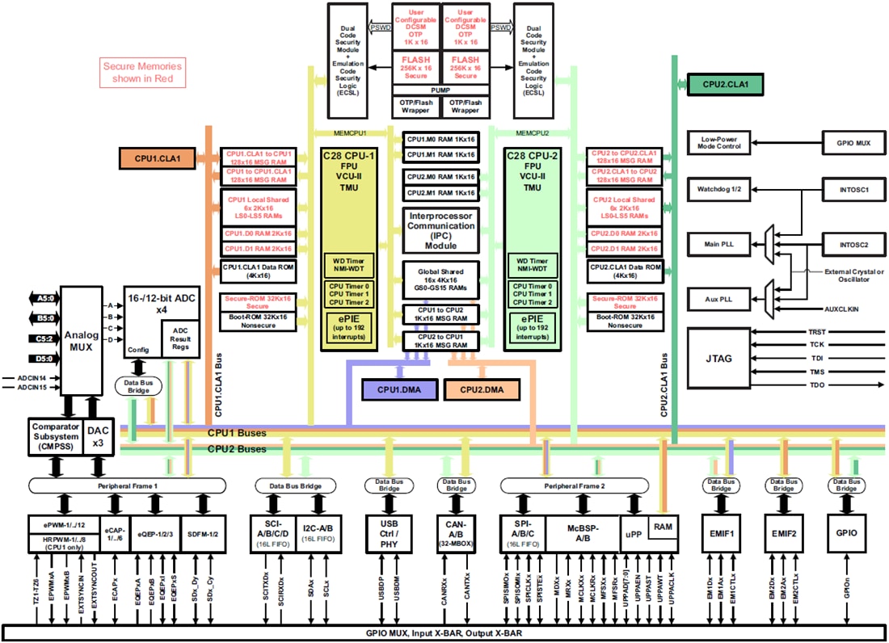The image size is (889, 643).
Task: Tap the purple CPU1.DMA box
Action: pos(399,389)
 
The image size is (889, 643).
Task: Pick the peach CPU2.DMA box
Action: pos(482,389)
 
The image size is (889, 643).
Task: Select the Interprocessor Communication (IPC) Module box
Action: pos(440,231)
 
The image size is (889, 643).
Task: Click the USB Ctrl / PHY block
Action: pos(390,533)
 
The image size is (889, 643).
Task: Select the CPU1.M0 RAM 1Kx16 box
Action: pos(440,139)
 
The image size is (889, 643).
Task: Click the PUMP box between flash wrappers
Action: pos(440,91)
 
